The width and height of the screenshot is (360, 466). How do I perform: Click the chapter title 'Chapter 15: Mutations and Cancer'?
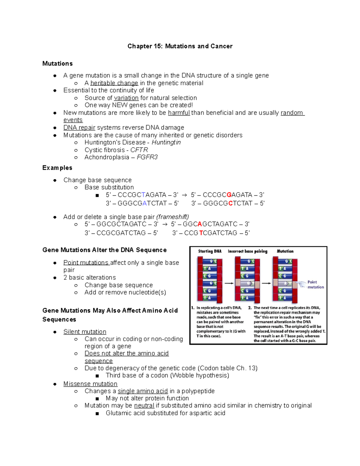[180, 46]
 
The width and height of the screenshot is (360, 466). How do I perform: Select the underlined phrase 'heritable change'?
[114, 83]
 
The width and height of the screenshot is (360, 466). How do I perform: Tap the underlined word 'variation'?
[126, 98]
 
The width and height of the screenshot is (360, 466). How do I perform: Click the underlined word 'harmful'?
[179, 113]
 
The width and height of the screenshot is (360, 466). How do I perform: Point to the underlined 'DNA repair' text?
[79, 128]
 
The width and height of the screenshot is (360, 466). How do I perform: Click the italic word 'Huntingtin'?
[166, 142]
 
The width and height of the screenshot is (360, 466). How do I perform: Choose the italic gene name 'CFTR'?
[139, 150]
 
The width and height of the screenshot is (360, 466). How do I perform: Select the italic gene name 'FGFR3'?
[147, 157]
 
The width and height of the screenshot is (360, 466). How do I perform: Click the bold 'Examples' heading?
[57, 168]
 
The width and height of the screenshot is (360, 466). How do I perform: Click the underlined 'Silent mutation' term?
[85, 332]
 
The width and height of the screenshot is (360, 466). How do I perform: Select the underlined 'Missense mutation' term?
[90, 384]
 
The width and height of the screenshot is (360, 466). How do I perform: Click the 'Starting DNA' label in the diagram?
[210, 251]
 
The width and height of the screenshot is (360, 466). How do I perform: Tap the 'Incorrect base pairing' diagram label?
[247, 251]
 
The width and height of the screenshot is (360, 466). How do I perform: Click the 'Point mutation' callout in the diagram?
[315, 284]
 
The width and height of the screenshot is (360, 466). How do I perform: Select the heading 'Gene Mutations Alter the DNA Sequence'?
[104, 250]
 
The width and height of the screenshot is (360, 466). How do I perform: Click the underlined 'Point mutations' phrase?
[86, 263]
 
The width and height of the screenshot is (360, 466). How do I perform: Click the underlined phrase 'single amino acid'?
[142, 391]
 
